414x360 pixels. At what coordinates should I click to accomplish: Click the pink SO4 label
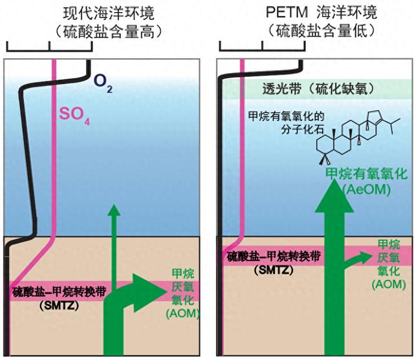(x=74, y=116)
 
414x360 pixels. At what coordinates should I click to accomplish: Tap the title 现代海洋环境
(x=109, y=14)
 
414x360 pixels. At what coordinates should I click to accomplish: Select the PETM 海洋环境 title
(x=321, y=12)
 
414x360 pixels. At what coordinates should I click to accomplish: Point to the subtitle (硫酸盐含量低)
(x=321, y=32)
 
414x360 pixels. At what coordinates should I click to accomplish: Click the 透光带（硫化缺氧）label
(x=318, y=89)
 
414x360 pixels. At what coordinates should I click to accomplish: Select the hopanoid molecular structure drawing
(x=358, y=136)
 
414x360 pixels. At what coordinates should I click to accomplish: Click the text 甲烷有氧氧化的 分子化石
(x=286, y=122)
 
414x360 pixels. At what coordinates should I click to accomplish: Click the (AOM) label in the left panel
(x=182, y=313)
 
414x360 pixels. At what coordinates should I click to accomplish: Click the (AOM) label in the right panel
(x=389, y=284)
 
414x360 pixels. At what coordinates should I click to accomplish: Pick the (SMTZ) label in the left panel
(x=59, y=306)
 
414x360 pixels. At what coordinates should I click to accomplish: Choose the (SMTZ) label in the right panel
(x=274, y=270)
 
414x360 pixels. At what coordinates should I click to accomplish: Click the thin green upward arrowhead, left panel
(x=114, y=210)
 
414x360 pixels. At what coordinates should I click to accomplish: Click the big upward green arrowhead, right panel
(x=334, y=196)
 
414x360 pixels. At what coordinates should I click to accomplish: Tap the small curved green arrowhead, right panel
(x=364, y=257)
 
